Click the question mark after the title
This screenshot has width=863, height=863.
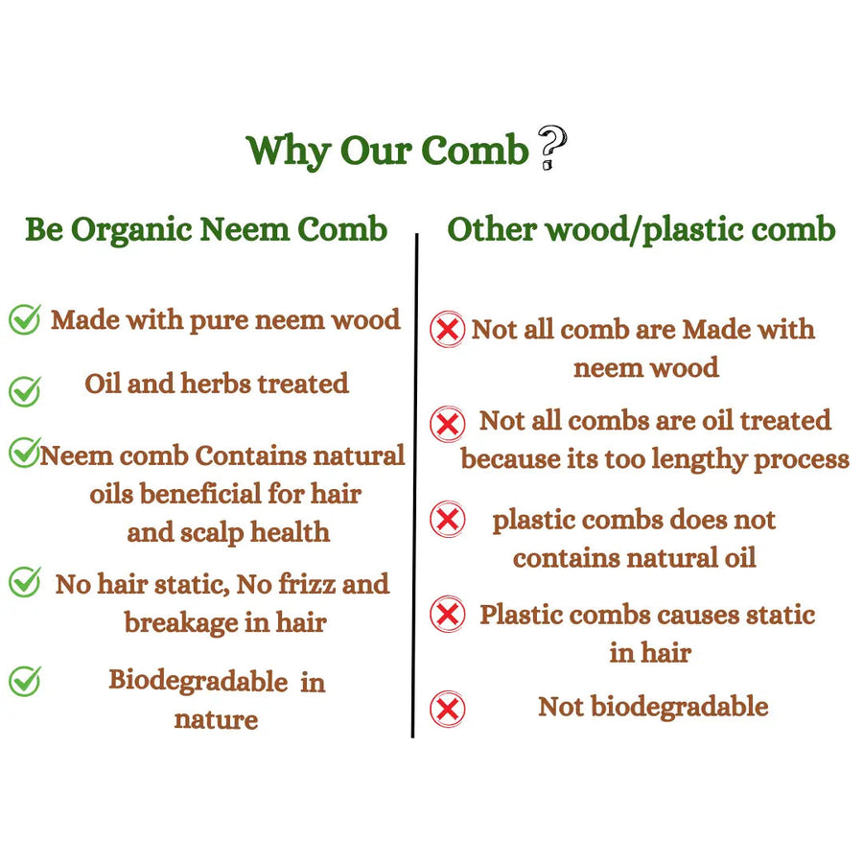tap(551, 147)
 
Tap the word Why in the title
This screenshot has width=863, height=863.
tap(288, 151)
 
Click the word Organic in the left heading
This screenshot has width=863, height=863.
tap(131, 230)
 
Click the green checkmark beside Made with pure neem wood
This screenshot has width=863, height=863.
tap(25, 319)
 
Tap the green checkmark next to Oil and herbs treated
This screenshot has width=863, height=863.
tap(25, 391)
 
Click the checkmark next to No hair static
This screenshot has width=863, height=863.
tap(25, 582)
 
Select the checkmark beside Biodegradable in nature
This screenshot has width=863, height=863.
tap(25, 682)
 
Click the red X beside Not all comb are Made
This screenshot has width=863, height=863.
tap(448, 329)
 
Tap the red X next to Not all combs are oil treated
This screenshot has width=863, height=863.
tap(448, 425)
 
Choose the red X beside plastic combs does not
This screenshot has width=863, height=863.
tap(448, 519)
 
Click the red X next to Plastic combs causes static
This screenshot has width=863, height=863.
tap(448, 614)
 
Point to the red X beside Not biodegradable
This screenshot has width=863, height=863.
tap(448, 709)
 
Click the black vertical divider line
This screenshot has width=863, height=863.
tap(414, 485)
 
